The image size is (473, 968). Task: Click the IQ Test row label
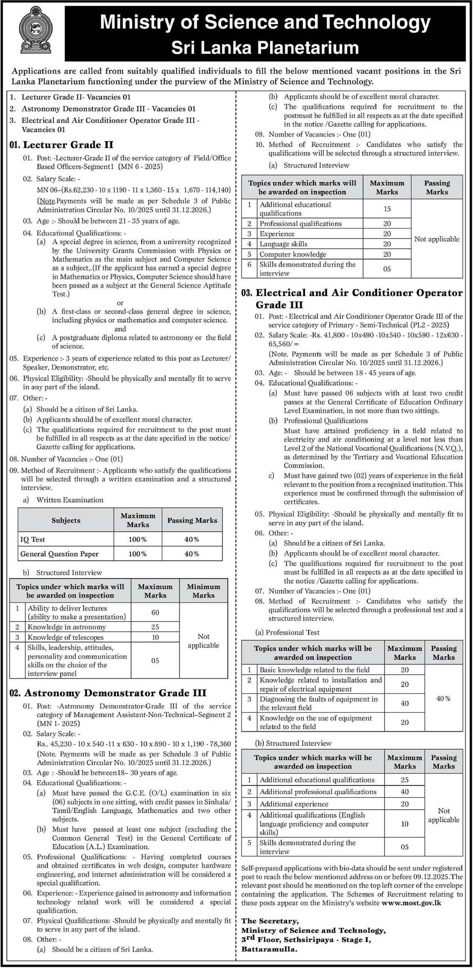pos(33,539)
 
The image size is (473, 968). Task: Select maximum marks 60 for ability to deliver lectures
pos(155,612)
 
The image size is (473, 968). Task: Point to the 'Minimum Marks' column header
pos(203,591)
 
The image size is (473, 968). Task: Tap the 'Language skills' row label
pos(283,244)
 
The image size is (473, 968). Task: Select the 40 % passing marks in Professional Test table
pos(443,698)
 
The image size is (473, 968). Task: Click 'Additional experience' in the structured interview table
pos(294,804)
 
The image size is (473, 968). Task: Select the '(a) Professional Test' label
pos(287,632)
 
